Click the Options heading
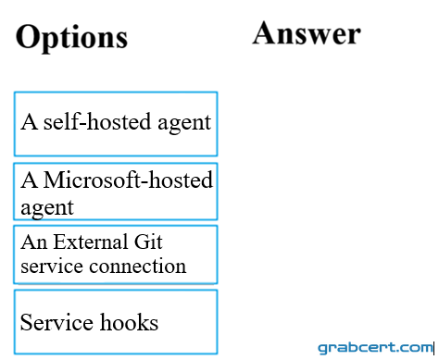coord(71,38)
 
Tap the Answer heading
coord(307,33)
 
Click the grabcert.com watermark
coord(375,348)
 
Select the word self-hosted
coord(97,121)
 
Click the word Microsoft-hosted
coord(128,180)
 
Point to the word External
coord(91,242)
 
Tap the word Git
coord(148,242)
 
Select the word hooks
coord(130,322)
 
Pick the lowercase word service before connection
coord(52,266)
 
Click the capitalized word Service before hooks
coord(56,322)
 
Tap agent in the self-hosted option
coord(184,123)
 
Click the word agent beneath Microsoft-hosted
coord(47,208)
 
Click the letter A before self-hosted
coord(30,121)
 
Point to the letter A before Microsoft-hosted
coord(30,180)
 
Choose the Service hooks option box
coord(116,322)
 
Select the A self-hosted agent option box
coord(116,124)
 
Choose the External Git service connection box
coord(116,254)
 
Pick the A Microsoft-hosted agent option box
coord(116,192)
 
